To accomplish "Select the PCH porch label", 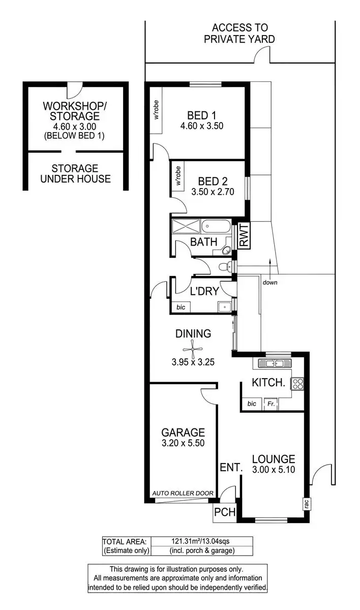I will click(x=225, y=512).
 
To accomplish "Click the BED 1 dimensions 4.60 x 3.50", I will click(x=201, y=126).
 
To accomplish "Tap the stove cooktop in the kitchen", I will click(x=297, y=384).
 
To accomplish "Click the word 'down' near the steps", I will click(x=270, y=283).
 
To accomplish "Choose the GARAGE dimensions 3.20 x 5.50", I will click(x=183, y=444).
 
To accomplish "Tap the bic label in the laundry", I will click(x=181, y=307).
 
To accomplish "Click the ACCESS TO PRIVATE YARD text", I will click(x=239, y=34).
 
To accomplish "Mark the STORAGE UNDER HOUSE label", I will click(x=75, y=173).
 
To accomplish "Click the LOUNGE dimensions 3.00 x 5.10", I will click(x=274, y=470).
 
